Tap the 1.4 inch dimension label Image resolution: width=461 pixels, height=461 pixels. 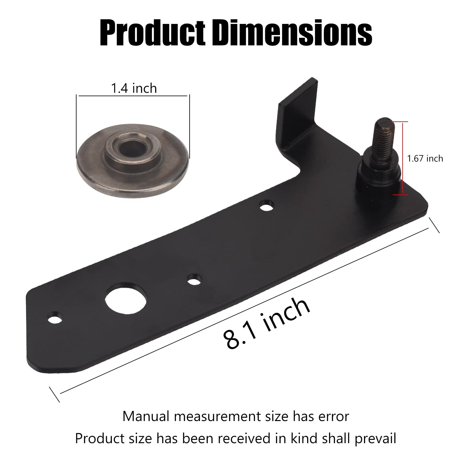point(134,89)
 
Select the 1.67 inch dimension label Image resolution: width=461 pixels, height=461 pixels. point(425,159)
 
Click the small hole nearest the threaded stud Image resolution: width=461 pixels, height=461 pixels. point(266,206)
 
